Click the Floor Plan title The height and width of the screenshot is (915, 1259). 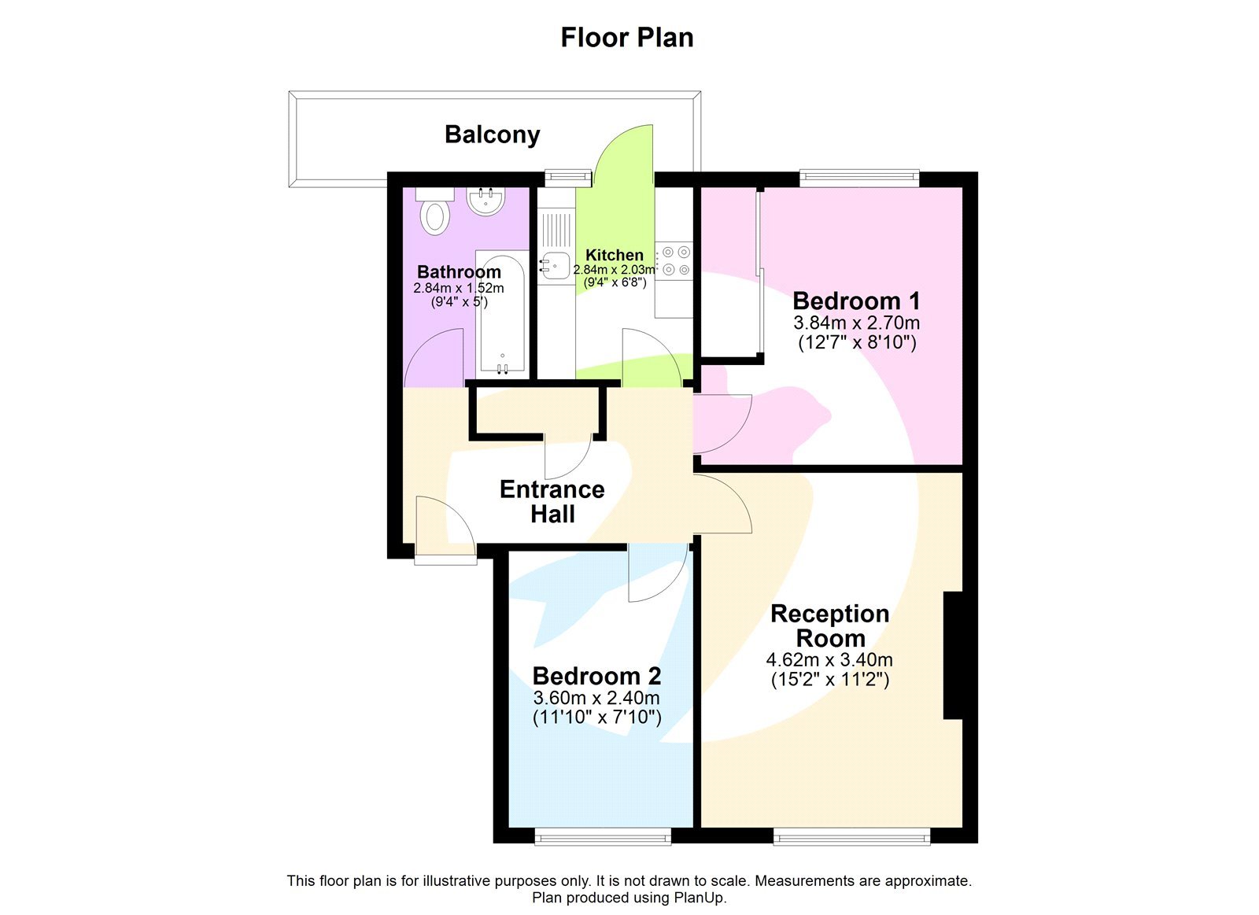pyautogui.click(x=626, y=38)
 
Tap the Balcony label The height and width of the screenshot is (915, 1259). pyautogui.click(x=492, y=135)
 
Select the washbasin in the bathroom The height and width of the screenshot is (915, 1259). pyautogui.click(x=486, y=201)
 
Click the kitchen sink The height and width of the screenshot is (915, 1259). pyautogui.click(x=555, y=265)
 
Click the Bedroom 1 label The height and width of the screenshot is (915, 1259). pyautogui.click(x=856, y=301)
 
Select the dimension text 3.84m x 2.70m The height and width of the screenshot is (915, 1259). pyautogui.click(x=856, y=323)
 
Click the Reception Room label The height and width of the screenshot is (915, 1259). pyautogui.click(x=829, y=625)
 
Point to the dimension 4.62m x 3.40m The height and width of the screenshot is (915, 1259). pyautogui.click(x=829, y=660)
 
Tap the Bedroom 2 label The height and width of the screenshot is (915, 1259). pyautogui.click(x=596, y=676)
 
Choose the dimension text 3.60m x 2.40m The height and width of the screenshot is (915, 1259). pyautogui.click(x=596, y=698)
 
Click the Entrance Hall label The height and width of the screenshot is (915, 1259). pyautogui.click(x=552, y=501)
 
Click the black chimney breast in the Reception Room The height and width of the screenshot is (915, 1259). pyautogui.click(x=953, y=655)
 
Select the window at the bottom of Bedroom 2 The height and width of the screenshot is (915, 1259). pyautogui.click(x=603, y=836)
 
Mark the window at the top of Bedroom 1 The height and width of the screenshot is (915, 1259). pyautogui.click(x=859, y=178)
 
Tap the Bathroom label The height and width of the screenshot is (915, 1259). pyautogui.click(x=459, y=272)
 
